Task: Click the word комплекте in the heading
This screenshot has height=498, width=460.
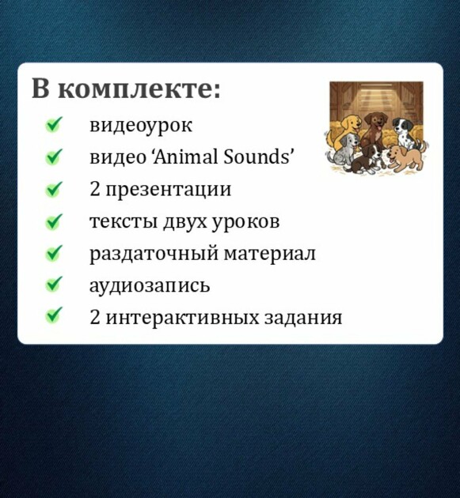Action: click(140, 88)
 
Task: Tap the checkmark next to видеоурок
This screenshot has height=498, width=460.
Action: click(54, 124)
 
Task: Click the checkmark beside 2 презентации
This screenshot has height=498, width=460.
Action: click(54, 189)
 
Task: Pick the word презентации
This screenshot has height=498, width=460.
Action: click(168, 191)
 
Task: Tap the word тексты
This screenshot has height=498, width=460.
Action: click(124, 221)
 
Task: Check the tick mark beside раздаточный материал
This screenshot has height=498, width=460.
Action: click(54, 253)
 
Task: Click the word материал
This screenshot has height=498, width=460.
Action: click(269, 254)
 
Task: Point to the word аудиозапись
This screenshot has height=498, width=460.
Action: click(150, 286)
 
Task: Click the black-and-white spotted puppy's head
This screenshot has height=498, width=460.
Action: click(401, 125)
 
